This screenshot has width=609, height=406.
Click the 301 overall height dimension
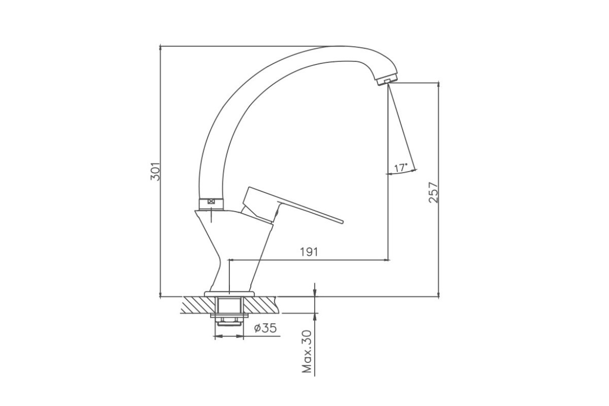(x=155, y=172)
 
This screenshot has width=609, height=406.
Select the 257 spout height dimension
(x=433, y=192)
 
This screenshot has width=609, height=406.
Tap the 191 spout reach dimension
(x=309, y=252)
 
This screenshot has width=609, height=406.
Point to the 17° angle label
(x=401, y=168)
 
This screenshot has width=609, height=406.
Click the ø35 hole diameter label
(x=265, y=328)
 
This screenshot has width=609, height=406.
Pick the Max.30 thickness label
(x=307, y=351)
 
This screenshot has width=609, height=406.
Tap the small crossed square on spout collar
(x=211, y=201)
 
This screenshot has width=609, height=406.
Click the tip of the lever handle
(x=342, y=221)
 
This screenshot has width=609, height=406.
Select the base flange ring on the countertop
(x=229, y=294)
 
